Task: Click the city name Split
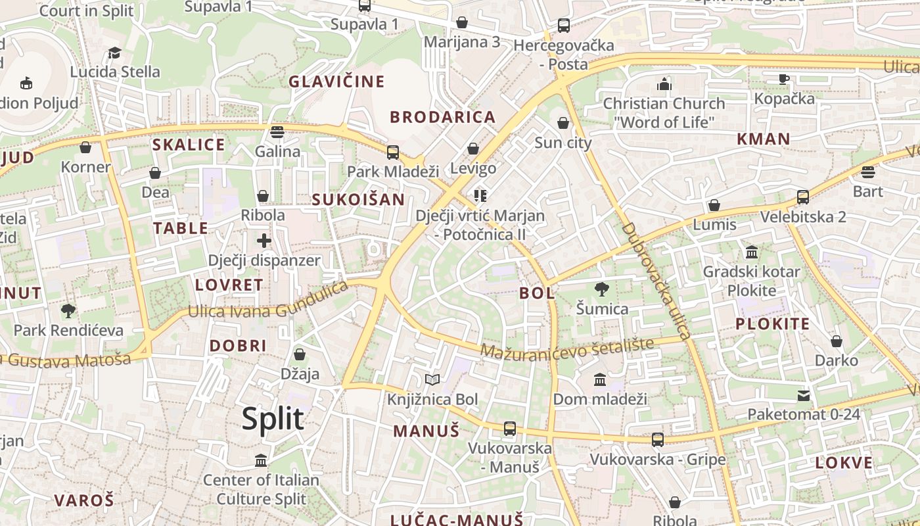coord(273,419)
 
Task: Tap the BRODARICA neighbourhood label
coord(442,117)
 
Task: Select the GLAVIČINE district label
coord(336,82)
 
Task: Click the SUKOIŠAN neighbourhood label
coord(358,199)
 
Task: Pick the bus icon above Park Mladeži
coord(393,153)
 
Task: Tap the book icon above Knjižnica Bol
coord(432,380)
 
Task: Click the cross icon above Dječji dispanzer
coord(264,241)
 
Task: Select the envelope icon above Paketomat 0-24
coord(804,395)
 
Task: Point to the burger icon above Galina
coord(277,131)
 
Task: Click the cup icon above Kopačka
coord(783,79)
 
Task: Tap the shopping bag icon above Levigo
coord(473,149)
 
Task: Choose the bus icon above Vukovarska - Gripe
coord(657,440)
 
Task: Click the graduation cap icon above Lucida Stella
coord(115,53)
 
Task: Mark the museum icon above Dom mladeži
coord(600,380)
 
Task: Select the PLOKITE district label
coord(772,323)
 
